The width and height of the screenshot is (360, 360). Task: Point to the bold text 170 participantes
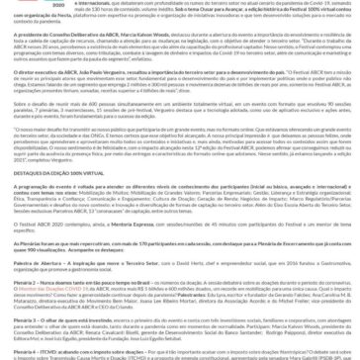148,242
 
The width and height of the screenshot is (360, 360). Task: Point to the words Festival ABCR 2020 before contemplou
29,224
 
